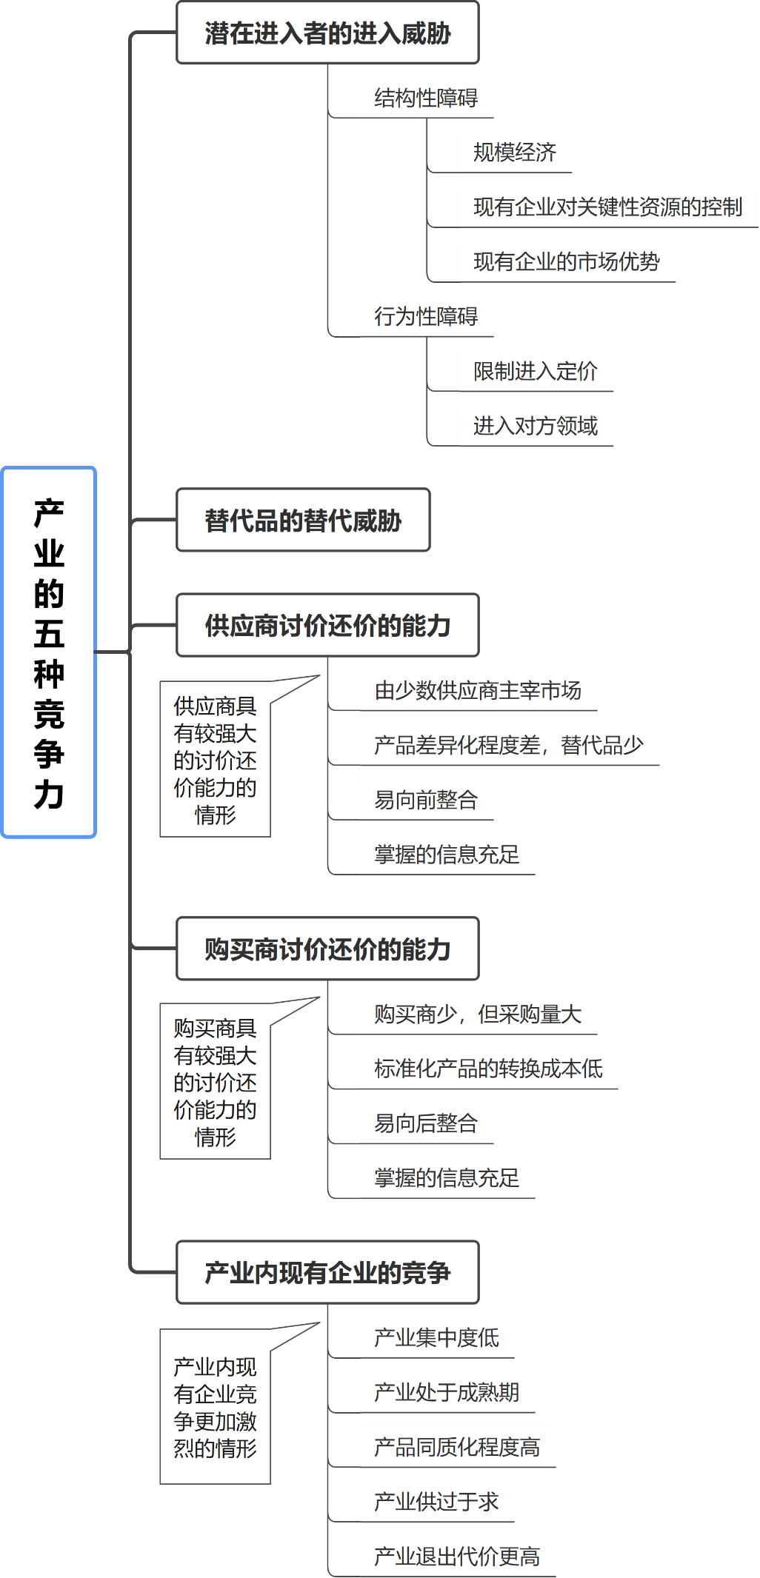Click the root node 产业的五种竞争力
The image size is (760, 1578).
point(49,652)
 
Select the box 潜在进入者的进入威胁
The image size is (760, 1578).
point(327,33)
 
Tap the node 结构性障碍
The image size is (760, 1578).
point(426,97)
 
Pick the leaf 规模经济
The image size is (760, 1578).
point(515,152)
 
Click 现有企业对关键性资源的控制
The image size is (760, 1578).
point(608,207)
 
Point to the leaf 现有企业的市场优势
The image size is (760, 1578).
point(567,261)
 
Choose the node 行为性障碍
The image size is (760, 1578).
point(426,315)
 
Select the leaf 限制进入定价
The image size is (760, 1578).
point(536,370)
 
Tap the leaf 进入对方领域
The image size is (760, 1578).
point(536,425)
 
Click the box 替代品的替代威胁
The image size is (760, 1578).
point(303,520)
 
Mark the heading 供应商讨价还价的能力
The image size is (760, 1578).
point(327,626)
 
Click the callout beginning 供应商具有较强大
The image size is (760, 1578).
point(215,760)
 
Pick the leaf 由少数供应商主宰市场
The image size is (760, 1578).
point(478,689)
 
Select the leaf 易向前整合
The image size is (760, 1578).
point(426,799)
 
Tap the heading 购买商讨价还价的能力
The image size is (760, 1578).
point(327,949)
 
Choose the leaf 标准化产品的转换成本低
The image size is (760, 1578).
point(488,1068)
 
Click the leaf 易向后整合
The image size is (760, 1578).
point(426,1123)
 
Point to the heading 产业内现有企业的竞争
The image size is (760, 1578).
point(327,1272)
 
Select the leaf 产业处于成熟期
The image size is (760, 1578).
point(447,1391)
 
